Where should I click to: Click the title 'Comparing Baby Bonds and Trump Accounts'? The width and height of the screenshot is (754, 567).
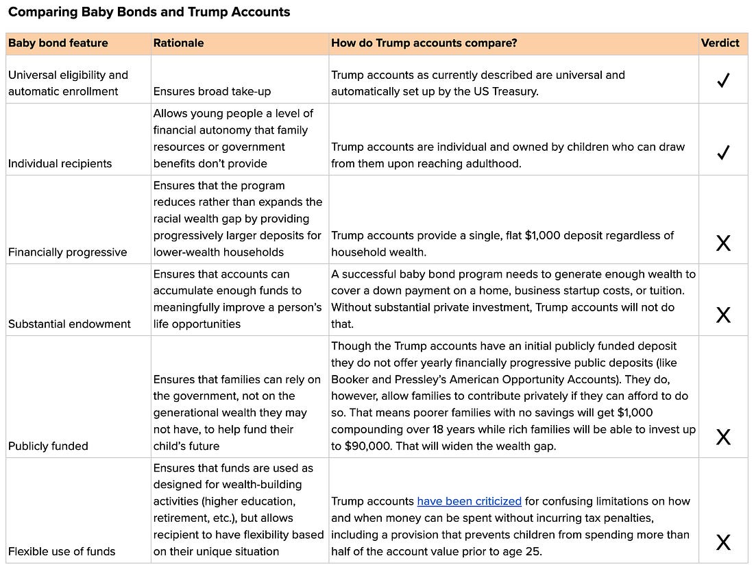pyautogui.click(x=149, y=12)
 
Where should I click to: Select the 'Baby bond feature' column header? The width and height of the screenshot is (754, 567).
pyautogui.click(x=58, y=43)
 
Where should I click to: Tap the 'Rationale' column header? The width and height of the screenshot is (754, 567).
pyautogui.click(x=178, y=43)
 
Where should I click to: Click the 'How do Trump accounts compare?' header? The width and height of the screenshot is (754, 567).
pyautogui.click(x=424, y=43)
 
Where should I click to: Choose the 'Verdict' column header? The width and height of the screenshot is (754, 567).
pyautogui.click(x=720, y=43)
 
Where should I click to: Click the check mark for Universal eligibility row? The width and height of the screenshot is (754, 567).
pyautogui.click(x=722, y=82)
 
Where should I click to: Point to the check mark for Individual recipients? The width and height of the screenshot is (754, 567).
pyautogui.click(x=722, y=153)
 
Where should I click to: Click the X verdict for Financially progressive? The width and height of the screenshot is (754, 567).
pyautogui.click(x=722, y=243)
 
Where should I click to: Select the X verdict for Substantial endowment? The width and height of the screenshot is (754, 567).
pyautogui.click(x=722, y=315)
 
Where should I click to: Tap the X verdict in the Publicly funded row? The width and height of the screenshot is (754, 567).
pyautogui.click(x=722, y=437)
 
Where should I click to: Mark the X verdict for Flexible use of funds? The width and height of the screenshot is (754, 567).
pyautogui.click(x=722, y=543)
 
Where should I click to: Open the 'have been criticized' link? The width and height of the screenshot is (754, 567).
pyautogui.click(x=469, y=501)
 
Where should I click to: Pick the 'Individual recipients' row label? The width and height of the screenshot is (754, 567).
pyautogui.click(x=60, y=164)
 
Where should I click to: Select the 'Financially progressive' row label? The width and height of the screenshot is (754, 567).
pyautogui.click(x=68, y=252)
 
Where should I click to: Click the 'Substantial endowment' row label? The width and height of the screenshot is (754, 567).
pyautogui.click(x=69, y=324)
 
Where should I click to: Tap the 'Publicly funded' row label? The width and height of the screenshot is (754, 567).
pyautogui.click(x=48, y=446)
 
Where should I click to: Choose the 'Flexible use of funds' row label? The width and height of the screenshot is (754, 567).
pyautogui.click(x=62, y=551)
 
